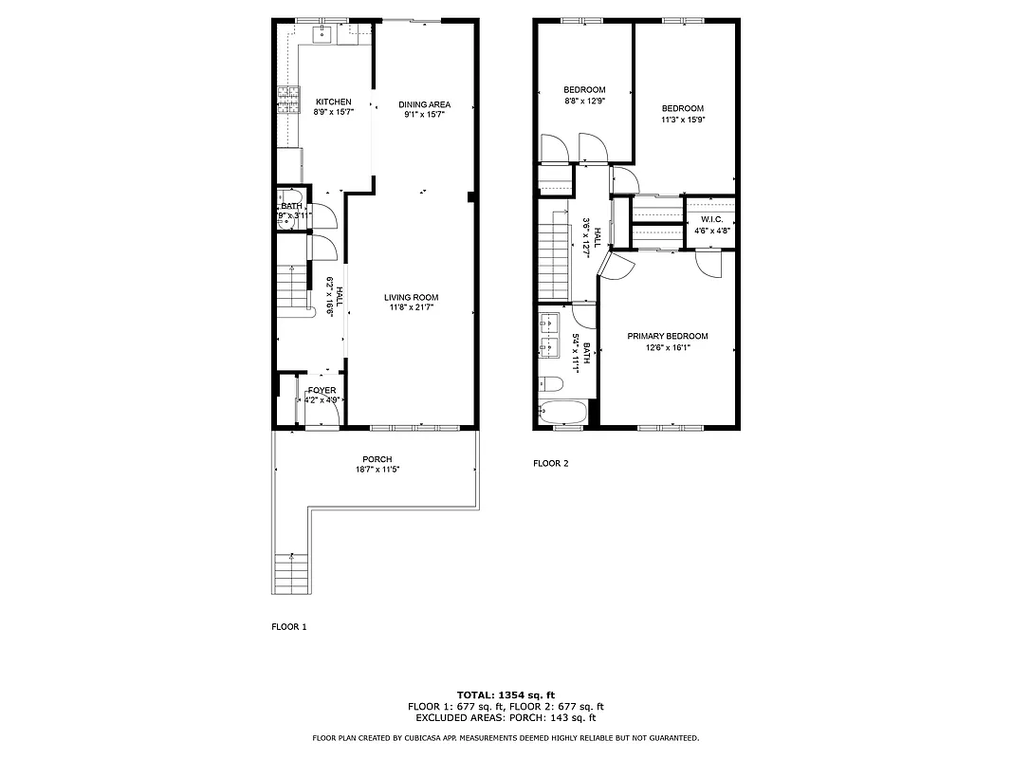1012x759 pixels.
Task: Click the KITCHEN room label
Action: coord(333,102)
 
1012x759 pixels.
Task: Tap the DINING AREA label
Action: coord(424,104)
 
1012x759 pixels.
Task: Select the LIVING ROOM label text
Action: coord(411,297)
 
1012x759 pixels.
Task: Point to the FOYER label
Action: coord(322,390)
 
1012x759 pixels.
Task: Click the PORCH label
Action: coord(376,459)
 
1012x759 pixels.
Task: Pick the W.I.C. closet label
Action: coord(712,219)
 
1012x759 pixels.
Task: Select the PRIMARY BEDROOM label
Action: coord(667,336)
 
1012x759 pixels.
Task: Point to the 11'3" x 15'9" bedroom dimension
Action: coord(683,120)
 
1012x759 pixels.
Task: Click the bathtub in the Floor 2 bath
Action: coord(561,413)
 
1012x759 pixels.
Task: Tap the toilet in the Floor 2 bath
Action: coord(550,384)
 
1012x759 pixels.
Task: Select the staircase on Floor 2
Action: coord(552,256)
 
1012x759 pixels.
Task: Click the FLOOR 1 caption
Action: coord(289,627)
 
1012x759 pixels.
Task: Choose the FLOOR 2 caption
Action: coord(550,464)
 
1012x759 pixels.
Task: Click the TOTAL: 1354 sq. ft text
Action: coord(506,694)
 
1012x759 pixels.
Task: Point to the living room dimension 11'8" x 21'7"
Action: coord(411,307)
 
